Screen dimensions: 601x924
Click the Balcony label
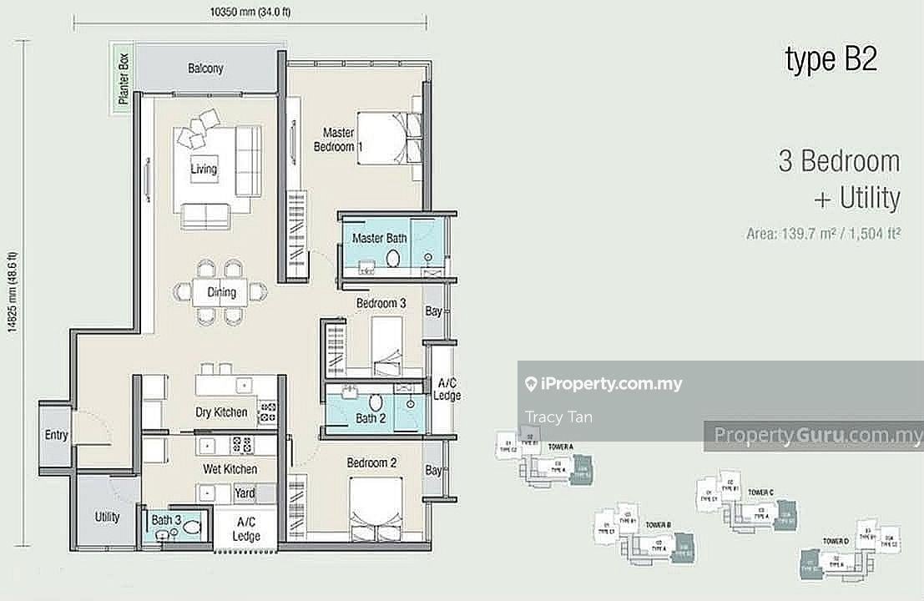[x=205, y=68]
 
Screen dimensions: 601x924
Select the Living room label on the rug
[x=203, y=169]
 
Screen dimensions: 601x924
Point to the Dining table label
[x=222, y=292]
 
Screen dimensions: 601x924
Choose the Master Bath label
[x=379, y=239]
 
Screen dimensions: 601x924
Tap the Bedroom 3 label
[x=381, y=304]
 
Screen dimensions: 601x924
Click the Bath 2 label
[x=371, y=418]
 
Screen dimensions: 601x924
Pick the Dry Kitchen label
[x=221, y=412]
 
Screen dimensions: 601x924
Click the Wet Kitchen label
[x=230, y=470]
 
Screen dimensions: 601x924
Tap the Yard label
[x=245, y=492]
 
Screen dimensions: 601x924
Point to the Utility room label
[x=107, y=517]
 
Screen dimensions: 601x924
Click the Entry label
[x=57, y=435]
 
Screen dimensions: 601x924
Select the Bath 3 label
[x=167, y=520]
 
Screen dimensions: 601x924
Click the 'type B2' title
[x=831, y=59]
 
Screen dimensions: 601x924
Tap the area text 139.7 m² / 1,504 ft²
[x=822, y=235]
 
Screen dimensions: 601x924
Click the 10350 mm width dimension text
[x=250, y=13]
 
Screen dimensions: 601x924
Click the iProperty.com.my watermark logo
[x=603, y=384]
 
